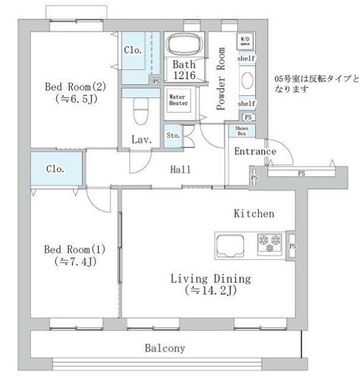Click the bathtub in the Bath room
pos(185,45)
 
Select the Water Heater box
pos(178,100)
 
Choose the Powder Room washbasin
pos(247,80)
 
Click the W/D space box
pos(245,40)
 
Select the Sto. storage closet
pos(172,136)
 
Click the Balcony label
pos(164,348)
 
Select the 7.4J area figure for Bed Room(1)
pos(72,262)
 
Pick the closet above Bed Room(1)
pos(55,169)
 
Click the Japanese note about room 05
pos(315,83)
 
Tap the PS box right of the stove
pos(292,246)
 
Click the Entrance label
pos(254,151)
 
